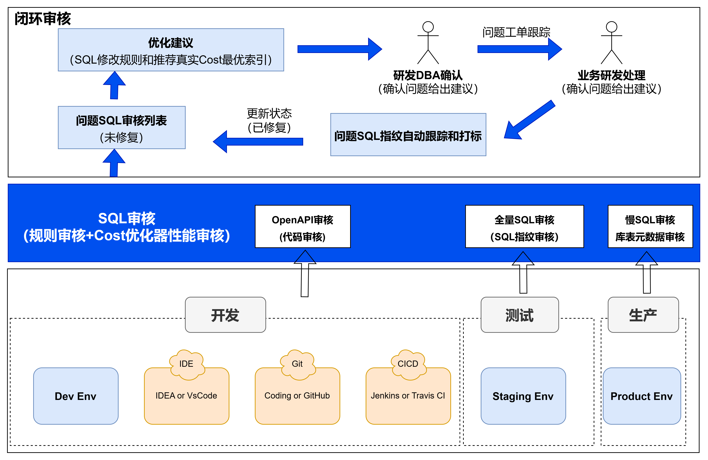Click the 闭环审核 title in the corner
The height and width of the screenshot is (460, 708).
[43, 19]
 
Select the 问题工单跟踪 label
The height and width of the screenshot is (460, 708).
[516, 32]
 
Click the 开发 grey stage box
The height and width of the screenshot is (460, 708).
[225, 315]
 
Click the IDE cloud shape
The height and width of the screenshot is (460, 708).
[187, 364]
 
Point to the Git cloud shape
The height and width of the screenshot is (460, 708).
[297, 364]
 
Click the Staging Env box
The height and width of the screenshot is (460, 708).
[523, 396]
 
